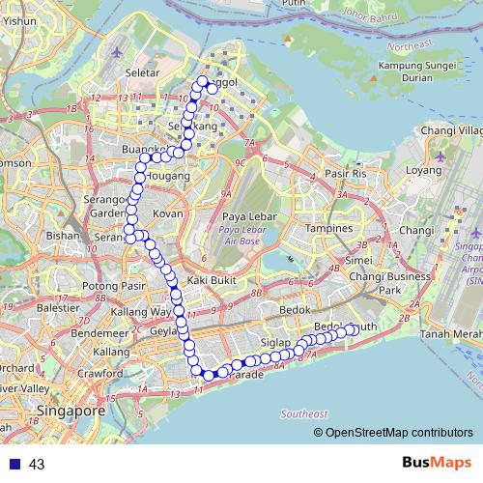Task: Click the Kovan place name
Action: [168, 213]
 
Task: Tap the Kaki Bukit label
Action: [213, 279]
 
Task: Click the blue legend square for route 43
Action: [14, 465]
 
